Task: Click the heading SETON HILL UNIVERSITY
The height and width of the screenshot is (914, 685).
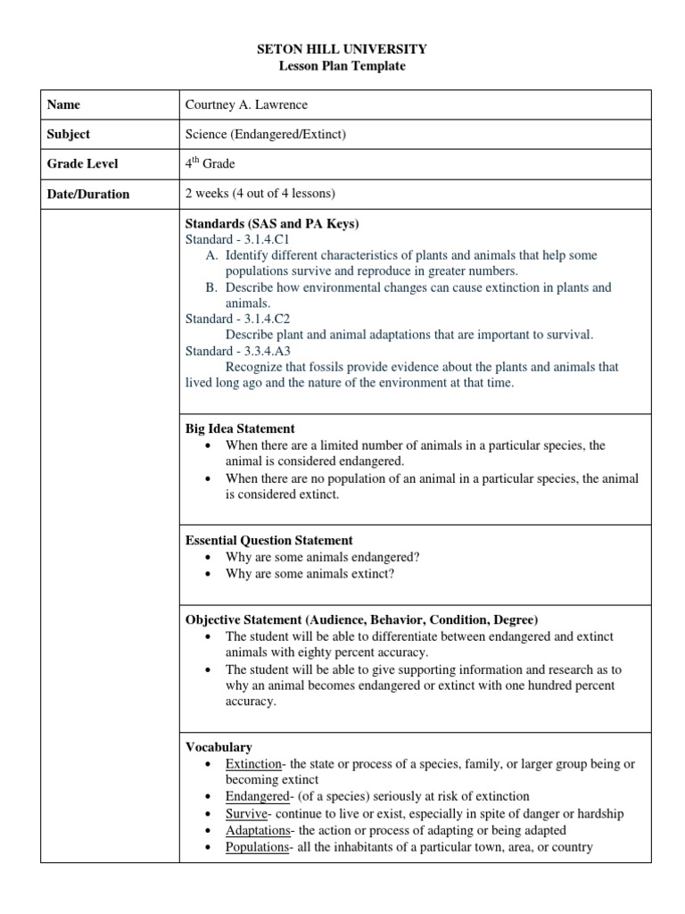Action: [x=343, y=49]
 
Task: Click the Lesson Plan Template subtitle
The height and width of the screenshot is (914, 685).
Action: [x=343, y=66]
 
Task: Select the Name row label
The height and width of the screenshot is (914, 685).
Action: [x=63, y=104]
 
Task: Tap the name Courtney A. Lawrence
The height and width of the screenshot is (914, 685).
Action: [x=246, y=104]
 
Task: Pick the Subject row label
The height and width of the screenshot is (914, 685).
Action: [x=69, y=134]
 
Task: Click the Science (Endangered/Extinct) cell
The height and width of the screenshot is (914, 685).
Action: [x=265, y=134]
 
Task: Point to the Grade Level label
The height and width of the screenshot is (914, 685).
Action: [x=82, y=163]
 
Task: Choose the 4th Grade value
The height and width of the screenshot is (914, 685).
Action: [x=210, y=163]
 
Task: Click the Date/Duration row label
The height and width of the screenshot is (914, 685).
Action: [x=88, y=194]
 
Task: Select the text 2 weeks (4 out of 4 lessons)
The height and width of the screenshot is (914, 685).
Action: [x=260, y=194]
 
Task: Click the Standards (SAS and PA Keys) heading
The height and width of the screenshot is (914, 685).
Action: [x=271, y=223]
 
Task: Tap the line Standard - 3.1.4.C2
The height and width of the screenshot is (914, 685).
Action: [x=238, y=319]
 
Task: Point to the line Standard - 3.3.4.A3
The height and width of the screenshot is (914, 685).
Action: [x=238, y=351]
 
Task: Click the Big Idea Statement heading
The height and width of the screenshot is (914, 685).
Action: [x=240, y=428]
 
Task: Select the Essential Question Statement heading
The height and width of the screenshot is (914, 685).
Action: [x=268, y=540]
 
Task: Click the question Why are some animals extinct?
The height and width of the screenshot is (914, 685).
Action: [x=309, y=573]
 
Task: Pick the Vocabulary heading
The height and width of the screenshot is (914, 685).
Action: [x=219, y=746]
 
